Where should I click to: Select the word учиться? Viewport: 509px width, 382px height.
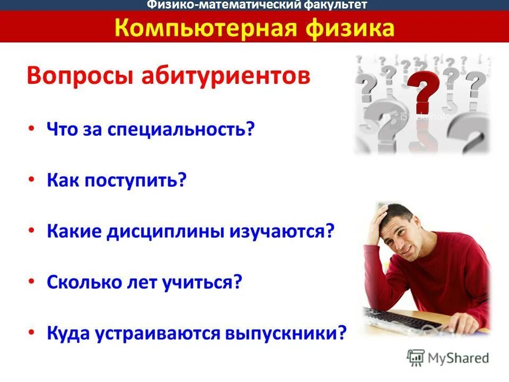(205, 282)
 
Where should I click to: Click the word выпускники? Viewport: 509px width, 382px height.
(286, 333)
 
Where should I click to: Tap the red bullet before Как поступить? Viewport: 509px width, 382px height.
(32, 180)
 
